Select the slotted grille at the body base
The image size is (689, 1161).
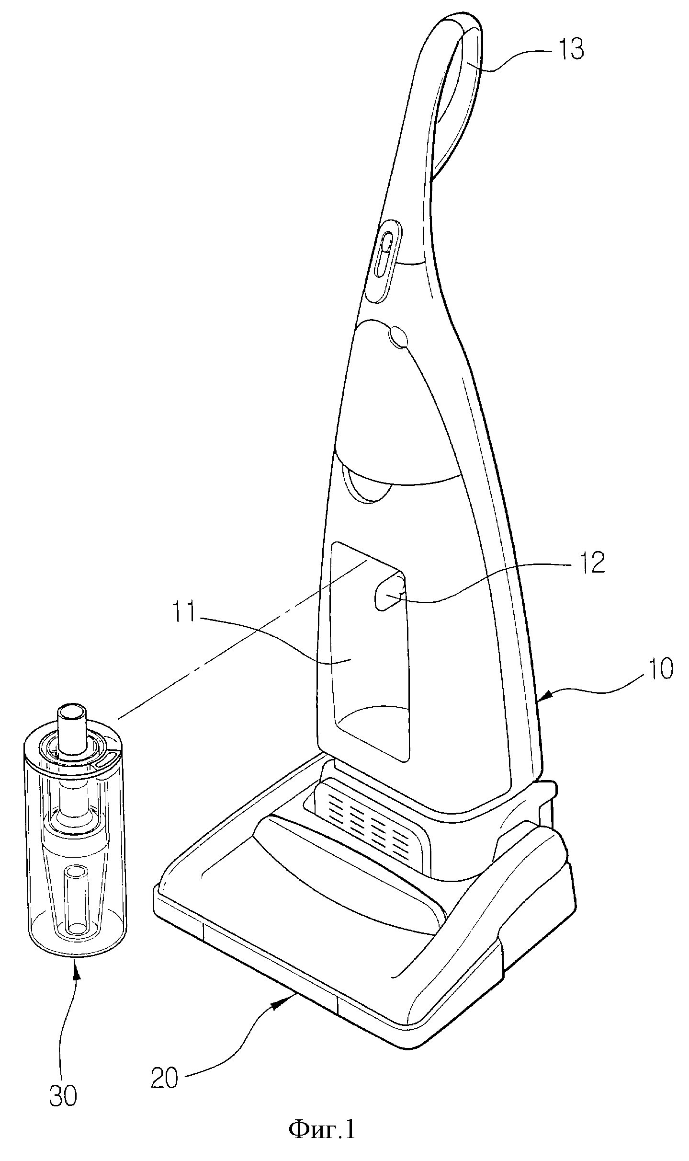click(369, 827)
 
